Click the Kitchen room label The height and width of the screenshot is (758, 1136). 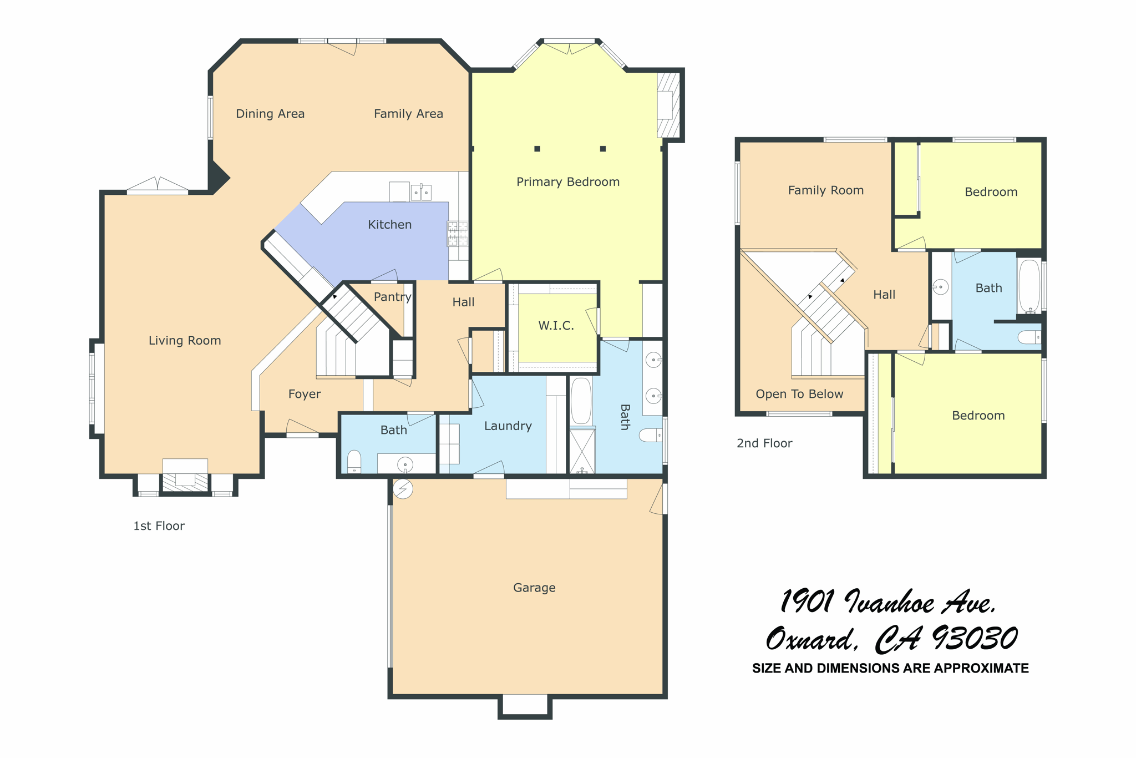click(x=389, y=225)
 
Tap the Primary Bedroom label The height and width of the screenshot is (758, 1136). click(x=567, y=182)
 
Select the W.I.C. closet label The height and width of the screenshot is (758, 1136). click(x=556, y=326)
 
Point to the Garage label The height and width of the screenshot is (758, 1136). click(x=534, y=588)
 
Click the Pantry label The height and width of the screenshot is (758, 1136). click(x=392, y=297)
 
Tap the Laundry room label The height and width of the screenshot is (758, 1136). click(x=508, y=426)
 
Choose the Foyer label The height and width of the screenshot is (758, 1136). click(x=304, y=394)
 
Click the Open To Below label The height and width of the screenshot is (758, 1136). click(x=799, y=394)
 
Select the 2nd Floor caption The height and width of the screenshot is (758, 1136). click(x=764, y=443)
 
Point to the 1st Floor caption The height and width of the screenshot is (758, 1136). click(x=159, y=526)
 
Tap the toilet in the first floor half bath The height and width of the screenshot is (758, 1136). click(x=354, y=462)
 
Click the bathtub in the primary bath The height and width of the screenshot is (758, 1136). click(x=581, y=401)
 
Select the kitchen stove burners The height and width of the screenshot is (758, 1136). click(x=458, y=234)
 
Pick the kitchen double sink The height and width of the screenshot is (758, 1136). click(x=421, y=192)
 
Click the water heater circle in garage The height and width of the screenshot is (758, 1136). click(x=403, y=489)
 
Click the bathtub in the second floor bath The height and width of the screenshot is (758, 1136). click(x=1029, y=286)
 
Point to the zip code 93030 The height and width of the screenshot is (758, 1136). click(x=975, y=639)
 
